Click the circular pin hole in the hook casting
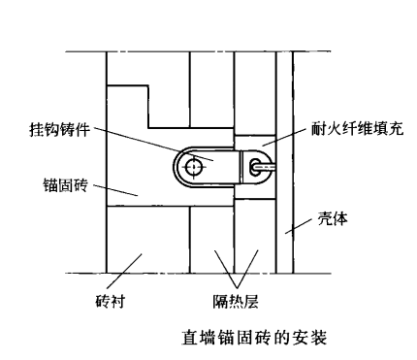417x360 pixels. click(196, 167)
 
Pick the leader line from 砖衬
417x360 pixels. click(131, 272)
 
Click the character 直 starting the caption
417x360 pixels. click(190, 339)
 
